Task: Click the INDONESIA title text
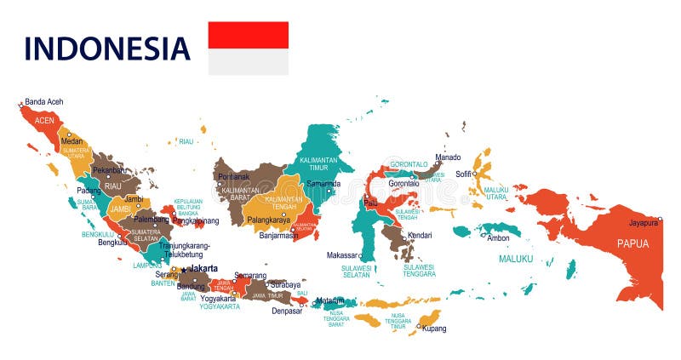(x=106, y=48)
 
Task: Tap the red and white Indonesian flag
(x=249, y=49)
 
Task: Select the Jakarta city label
(x=203, y=268)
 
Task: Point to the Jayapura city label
(x=644, y=223)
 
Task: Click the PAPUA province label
(x=632, y=243)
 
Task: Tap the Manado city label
(x=448, y=157)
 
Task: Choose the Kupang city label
(x=434, y=329)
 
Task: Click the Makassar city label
(x=342, y=255)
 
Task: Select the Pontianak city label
(x=234, y=177)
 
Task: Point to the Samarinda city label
(x=323, y=183)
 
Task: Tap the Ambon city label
(x=498, y=238)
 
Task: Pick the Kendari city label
(x=420, y=235)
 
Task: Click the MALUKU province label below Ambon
(x=516, y=259)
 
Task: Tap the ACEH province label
(x=44, y=121)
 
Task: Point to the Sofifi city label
(x=464, y=174)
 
